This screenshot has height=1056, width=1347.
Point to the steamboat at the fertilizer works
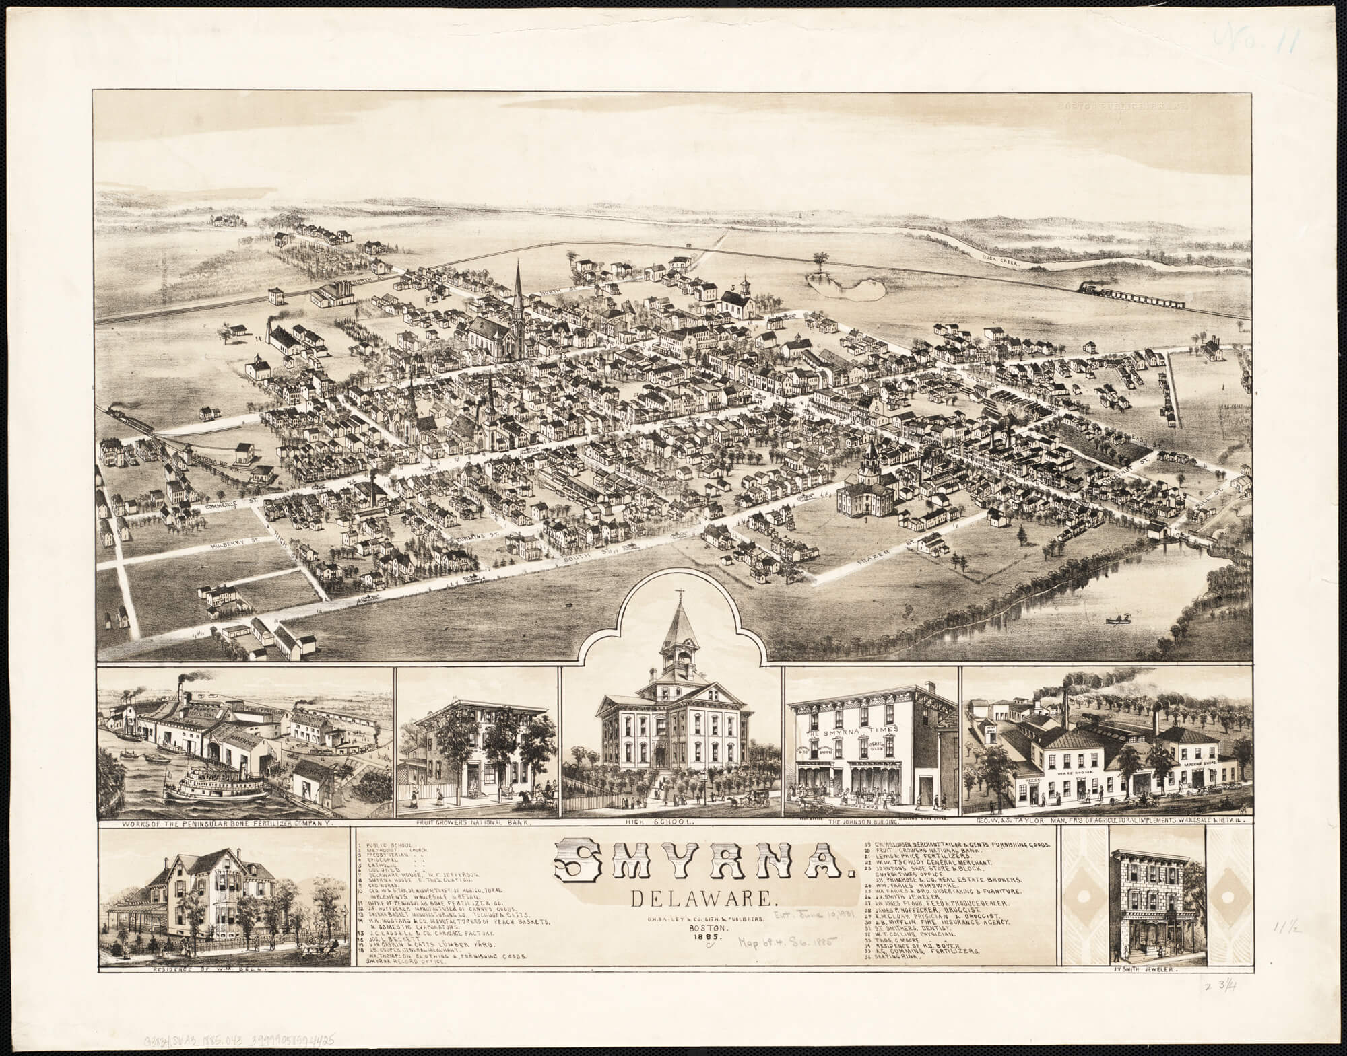[x=217, y=781]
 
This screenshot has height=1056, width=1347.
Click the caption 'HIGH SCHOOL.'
[x=670, y=823]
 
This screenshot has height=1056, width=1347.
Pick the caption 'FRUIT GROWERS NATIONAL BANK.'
[x=475, y=823]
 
